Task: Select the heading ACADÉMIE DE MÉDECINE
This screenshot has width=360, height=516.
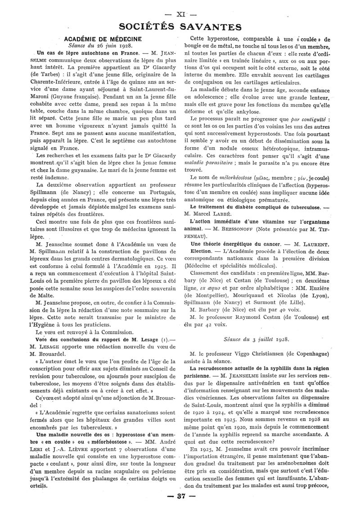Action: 103,39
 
